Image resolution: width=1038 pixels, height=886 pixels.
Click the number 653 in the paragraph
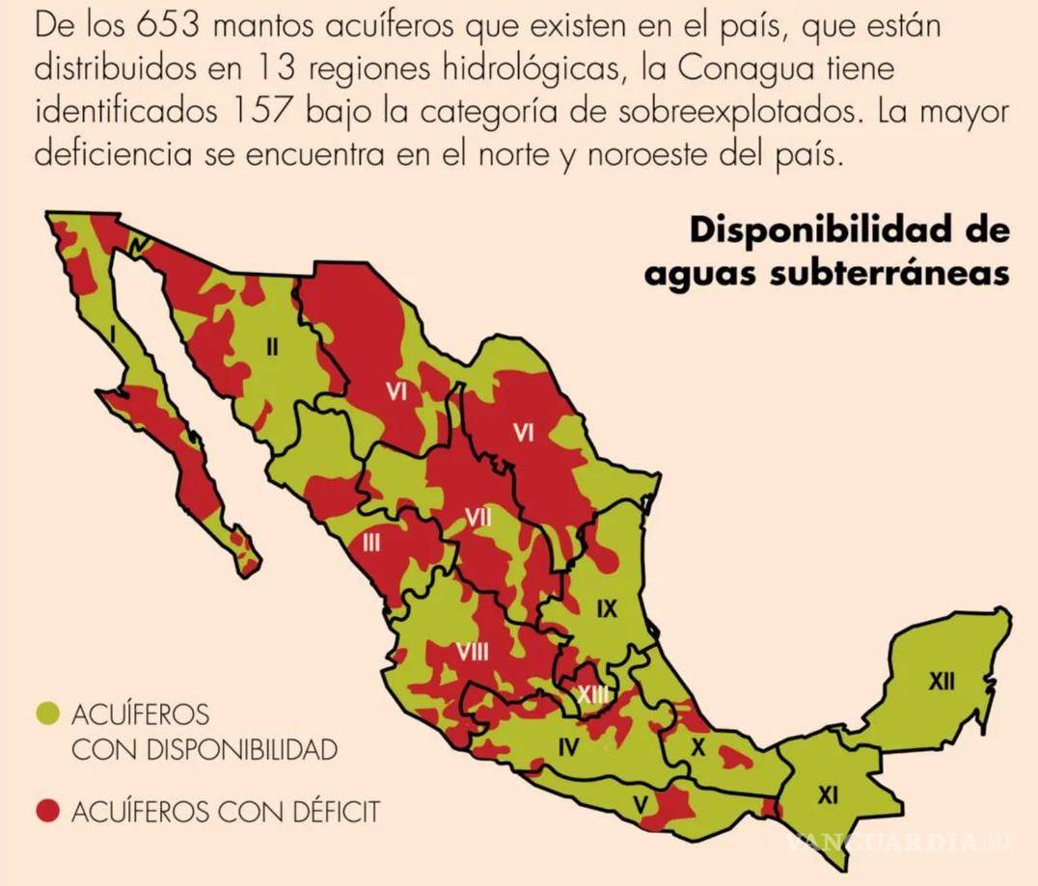click(170, 25)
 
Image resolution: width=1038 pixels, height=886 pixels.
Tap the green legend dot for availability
click(47, 713)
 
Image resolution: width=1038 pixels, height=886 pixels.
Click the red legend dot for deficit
click(47, 812)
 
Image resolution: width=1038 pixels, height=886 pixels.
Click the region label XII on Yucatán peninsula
click(942, 683)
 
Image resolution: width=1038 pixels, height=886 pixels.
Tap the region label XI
click(828, 795)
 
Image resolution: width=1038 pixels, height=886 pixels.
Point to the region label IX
click(606, 608)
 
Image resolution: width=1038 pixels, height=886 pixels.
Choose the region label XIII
click(591, 693)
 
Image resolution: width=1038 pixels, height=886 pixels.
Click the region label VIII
click(472, 652)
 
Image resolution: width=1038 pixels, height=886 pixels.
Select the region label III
click(370, 543)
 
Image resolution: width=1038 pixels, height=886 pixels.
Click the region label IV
click(568, 744)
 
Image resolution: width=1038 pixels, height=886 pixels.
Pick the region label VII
click(478, 518)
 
